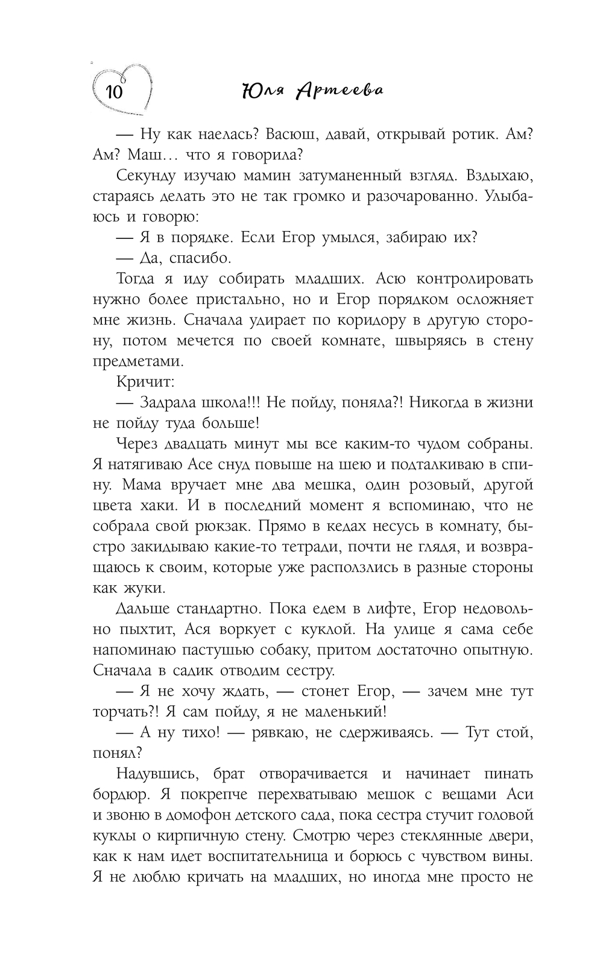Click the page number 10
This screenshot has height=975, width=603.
coord(114,92)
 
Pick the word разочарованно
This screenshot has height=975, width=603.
coord(409,197)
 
